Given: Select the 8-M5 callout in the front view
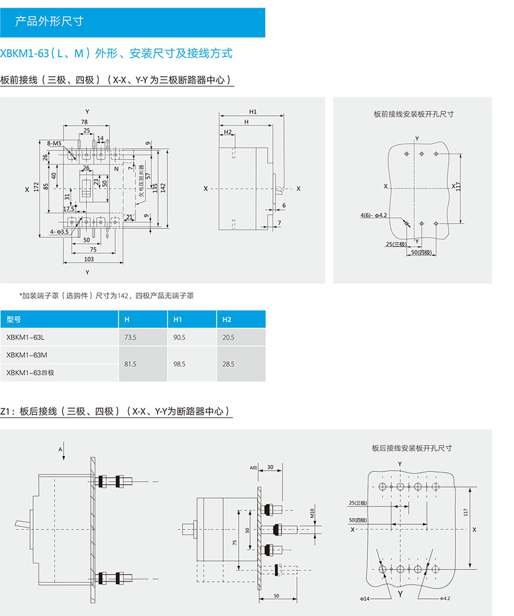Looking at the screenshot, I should tap(54, 143).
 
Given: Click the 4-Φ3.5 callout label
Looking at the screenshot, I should tap(59, 232).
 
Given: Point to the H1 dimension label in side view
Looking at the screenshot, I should tap(253, 111).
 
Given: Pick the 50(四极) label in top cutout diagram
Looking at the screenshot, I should tap(421, 253).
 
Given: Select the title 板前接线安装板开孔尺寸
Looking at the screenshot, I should tap(413, 114).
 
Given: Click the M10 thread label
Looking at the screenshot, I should tap(312, 513).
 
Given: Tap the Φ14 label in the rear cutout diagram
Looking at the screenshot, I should tap(364, 598).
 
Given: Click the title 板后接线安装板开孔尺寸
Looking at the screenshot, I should tap(411, 448).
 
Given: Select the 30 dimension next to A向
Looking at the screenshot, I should tap(270, 467).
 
